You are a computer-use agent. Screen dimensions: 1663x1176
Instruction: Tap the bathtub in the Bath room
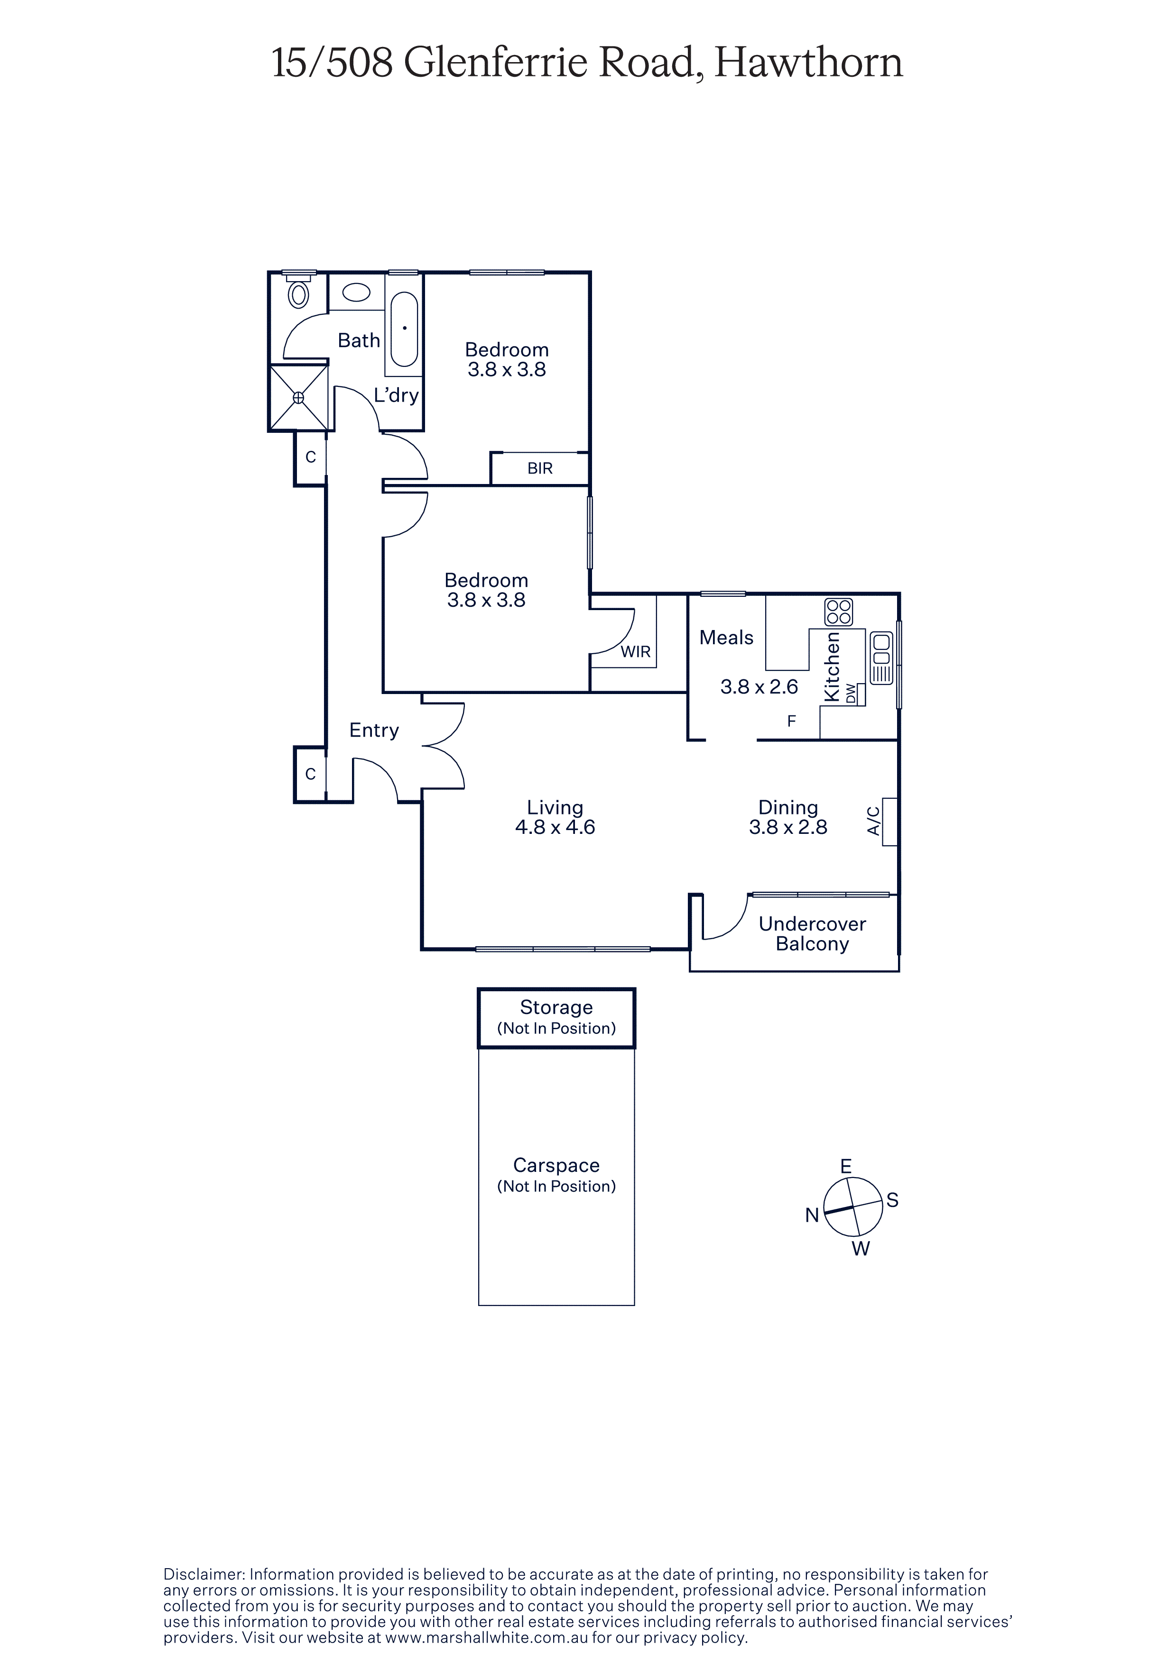click(x=404, y=329)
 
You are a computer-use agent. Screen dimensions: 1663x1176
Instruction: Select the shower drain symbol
click(x=298, y=398)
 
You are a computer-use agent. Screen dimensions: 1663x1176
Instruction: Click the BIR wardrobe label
click(x=540, y=469)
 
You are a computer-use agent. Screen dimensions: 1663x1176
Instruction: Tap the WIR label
click(x=636, y=652)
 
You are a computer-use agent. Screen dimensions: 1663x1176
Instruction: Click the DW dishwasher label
click(x=851, y=694)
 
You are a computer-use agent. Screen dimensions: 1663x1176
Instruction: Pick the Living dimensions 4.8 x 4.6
click(x=555, y=827)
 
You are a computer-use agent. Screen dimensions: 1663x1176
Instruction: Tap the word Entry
click(x=374, y=730)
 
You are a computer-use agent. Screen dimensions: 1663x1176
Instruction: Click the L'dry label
click(x=396, y=395)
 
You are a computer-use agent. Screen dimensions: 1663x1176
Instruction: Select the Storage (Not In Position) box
click(x=556, y=1018)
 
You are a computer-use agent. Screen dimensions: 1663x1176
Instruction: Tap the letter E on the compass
click(x=845, y=1166)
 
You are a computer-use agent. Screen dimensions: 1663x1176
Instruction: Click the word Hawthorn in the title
click(x=809, y=63)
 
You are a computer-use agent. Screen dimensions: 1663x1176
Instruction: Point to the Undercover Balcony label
click(x=812, y=933)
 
